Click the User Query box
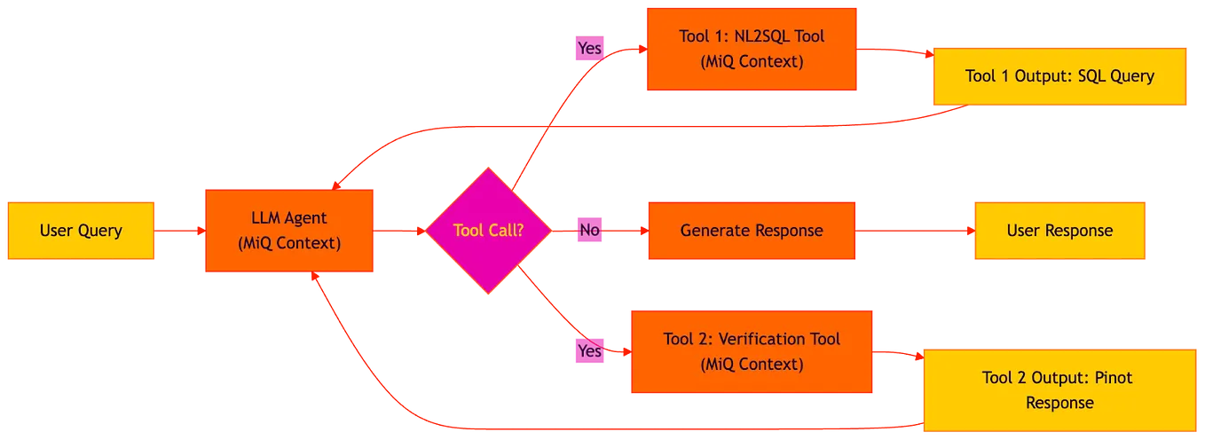(81, 231)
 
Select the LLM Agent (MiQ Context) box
(289, 231)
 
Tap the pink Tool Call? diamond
(488, 231)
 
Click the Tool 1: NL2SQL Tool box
(752, 49)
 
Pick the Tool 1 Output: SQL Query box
(1059, 76)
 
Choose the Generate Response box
(752, 231)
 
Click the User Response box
(1059, 231)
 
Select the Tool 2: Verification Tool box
(752, 351)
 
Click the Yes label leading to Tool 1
(589, 48)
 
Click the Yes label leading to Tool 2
(589, 351)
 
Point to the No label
(589, 231)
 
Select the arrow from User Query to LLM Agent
(180, 231)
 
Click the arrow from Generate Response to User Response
(915, 231)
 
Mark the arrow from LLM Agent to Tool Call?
(399, 231)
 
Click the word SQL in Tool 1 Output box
(1093, 76)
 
